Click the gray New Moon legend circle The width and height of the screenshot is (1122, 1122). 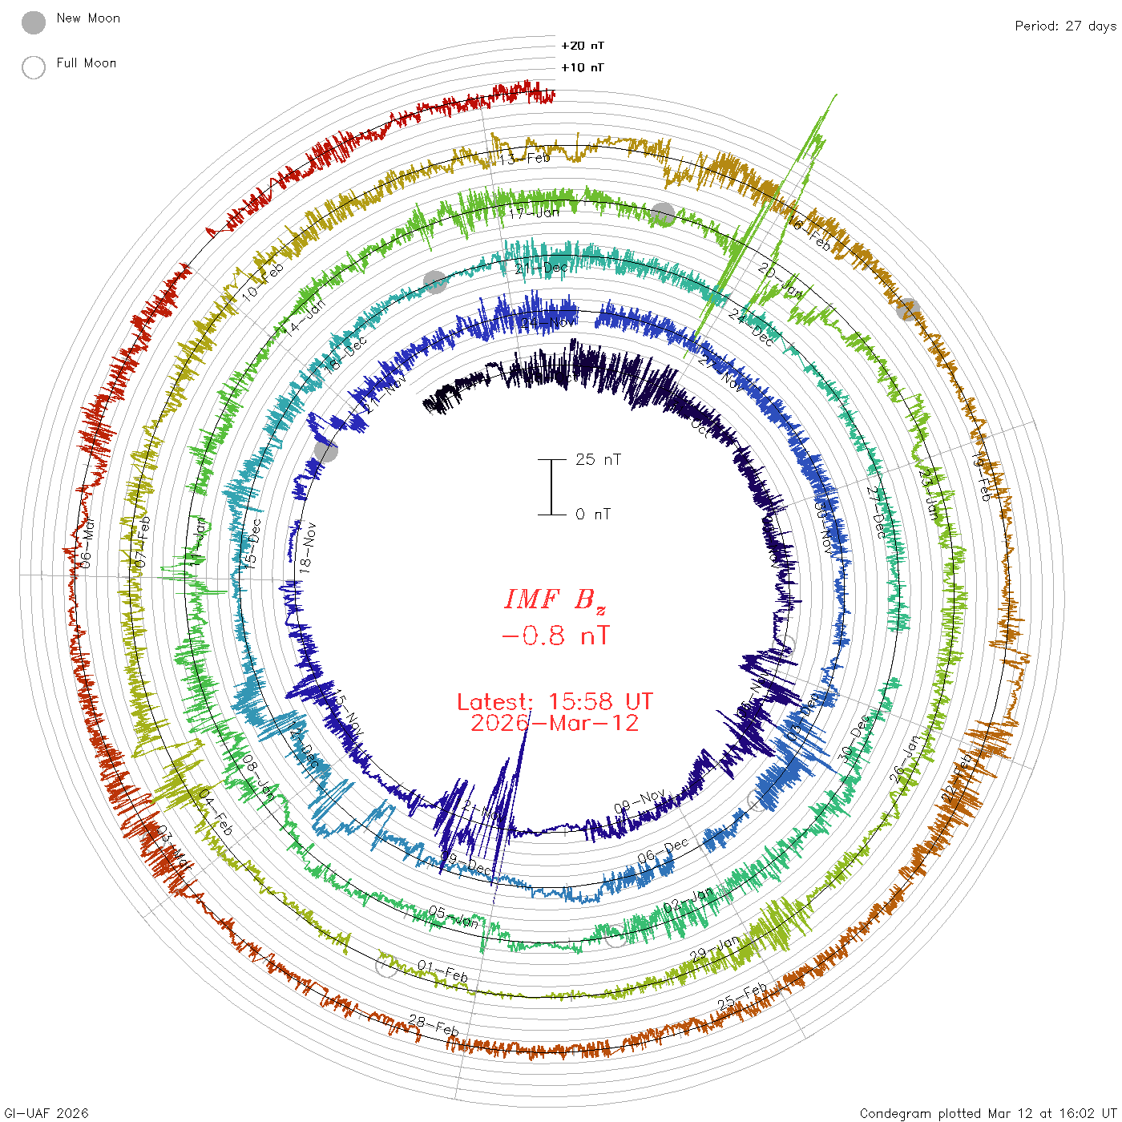(34, 23)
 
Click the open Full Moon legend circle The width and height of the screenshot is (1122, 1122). (34, 67)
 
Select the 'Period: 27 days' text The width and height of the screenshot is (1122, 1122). (1065, 26)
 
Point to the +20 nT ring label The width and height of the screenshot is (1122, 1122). (583, 46)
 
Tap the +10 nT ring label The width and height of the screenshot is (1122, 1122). (583, 67)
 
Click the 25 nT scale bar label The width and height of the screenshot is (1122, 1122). (598, 459)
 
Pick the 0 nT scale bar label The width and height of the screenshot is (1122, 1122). (593, 514)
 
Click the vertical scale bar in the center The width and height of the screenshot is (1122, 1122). (551, 486)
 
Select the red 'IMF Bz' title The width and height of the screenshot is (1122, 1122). (555, 599)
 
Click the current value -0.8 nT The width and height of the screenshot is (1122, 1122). (555, 636)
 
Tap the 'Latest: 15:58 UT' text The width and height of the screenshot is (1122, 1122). (555, 702)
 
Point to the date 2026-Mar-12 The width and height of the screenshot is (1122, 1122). (555, 723)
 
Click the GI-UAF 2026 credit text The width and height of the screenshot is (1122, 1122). (46, 1113)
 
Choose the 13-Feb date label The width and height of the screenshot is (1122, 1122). (524, 159)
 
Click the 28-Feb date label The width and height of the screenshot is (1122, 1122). (434, 1024)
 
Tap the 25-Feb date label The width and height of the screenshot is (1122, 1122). (742, 996)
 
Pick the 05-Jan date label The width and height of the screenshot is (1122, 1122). (454, 917)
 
